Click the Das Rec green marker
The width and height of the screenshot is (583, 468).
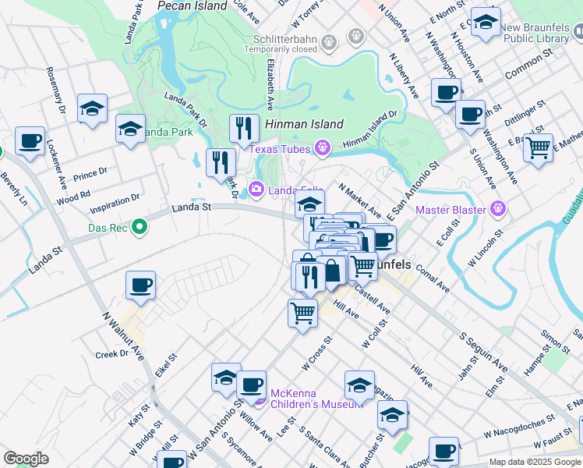(x=140, y=228)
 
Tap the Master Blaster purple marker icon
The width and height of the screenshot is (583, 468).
(x=500, y=209)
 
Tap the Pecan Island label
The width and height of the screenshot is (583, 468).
(x=192, y=5)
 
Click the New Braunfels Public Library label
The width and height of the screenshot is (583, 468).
(x=536, y=31)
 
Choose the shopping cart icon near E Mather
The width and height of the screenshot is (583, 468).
(x=538, y=147)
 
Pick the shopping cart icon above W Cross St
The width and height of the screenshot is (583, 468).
(x=302, y=314)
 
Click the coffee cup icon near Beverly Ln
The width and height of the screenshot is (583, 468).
(x=30, y=141)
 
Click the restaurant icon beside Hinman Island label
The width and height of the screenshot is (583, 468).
(x=244, y=128)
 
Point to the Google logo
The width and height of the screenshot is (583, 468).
(x=26, y=459)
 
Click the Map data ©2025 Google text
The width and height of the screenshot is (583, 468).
(x=534, y=462)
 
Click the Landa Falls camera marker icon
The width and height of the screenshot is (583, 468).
(x=256, y=189)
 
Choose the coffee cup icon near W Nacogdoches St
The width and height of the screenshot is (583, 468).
(x=444, y=451)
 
